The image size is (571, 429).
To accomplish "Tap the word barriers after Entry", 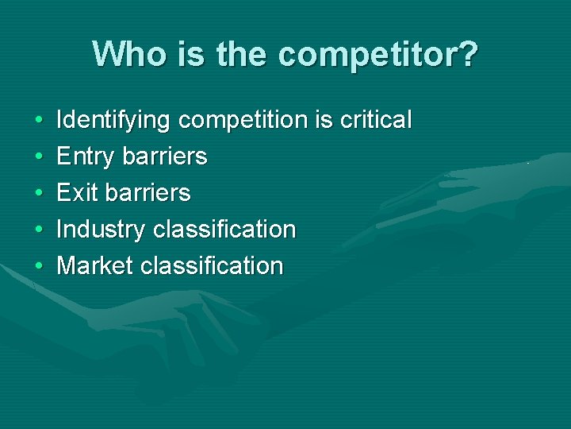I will [x=165, y=157].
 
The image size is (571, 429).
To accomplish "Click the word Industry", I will [x=101, y=230].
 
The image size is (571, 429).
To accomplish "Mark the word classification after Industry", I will [x=224, y=230].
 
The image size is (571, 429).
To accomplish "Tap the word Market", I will [x=95, y=265].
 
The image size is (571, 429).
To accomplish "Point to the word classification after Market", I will [x=212, y=265].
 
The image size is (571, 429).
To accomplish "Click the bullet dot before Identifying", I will [x=39, y=122].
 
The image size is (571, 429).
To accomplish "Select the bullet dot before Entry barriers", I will [x=39, y=157].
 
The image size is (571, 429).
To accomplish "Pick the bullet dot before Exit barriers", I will [x=39, y=193].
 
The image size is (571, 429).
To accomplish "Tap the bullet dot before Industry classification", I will [x=39, y=230].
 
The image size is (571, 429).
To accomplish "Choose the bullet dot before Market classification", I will [x=39, y=266].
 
